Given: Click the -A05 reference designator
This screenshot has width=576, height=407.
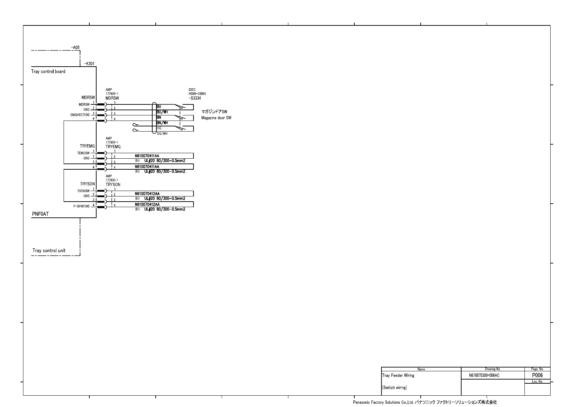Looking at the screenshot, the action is (x=75, y=47).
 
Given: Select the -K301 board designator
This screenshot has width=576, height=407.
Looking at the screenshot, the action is (x=89, y=64).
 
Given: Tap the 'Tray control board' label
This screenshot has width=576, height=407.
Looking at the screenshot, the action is (x=48, y=71).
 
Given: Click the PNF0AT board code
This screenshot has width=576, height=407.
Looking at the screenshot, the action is (x=41, y=214).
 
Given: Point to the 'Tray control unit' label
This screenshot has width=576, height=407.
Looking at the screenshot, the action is (x=49, y=250).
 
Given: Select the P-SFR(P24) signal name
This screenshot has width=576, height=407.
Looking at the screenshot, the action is (x=81, y=206).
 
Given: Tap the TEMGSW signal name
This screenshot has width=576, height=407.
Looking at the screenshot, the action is (x=83, y=153).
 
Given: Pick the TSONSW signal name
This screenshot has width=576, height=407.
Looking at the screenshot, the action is (x=83, y=191).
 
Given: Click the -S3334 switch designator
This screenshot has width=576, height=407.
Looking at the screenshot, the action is (x=195, y=98).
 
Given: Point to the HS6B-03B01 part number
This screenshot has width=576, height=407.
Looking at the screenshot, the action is (x=197, y=94).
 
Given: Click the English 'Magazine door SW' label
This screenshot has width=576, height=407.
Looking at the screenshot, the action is (x=216, y=118).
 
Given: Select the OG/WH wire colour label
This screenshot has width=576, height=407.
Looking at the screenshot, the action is (x=162, y=134).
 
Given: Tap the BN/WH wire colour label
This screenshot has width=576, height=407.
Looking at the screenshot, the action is (x=162, y=123).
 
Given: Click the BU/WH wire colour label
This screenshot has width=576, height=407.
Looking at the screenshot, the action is (x=162, y=112).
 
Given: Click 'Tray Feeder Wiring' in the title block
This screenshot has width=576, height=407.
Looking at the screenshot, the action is (x=398, y=375).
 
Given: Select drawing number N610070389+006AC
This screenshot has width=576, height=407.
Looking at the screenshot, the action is (x=484, y=375).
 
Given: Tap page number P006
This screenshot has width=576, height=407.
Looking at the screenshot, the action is (x=537, y=375).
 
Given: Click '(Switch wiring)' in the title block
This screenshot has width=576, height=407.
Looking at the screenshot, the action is (x=395, y=387).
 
